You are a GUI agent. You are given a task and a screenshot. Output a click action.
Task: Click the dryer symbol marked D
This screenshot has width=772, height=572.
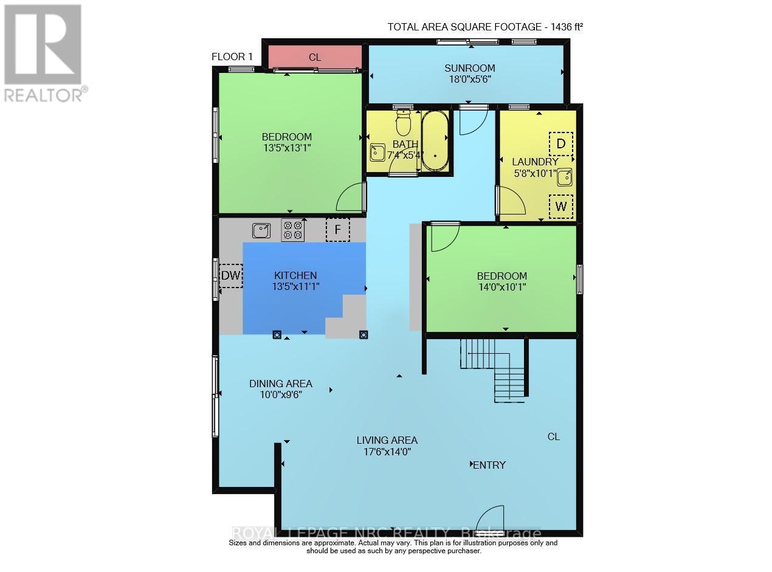561,144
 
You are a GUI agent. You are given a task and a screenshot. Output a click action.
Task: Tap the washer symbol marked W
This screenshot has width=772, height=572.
561,207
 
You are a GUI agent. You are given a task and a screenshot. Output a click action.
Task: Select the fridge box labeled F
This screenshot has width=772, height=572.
338,230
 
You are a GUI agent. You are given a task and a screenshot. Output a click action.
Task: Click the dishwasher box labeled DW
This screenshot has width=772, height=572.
230,276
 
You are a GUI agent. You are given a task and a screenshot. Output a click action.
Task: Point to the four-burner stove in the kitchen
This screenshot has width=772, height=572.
293,230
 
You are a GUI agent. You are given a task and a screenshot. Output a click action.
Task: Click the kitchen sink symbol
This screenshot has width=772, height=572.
262,230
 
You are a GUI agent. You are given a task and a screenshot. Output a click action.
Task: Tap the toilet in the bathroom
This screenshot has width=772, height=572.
403,122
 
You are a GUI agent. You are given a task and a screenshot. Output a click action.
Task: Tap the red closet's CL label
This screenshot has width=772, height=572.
314,58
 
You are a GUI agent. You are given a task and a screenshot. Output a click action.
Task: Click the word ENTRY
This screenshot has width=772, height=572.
489,465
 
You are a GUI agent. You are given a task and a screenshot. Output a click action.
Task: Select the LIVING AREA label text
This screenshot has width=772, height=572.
387,440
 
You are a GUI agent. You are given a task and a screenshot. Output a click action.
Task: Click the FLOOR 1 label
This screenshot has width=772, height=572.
232,57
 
